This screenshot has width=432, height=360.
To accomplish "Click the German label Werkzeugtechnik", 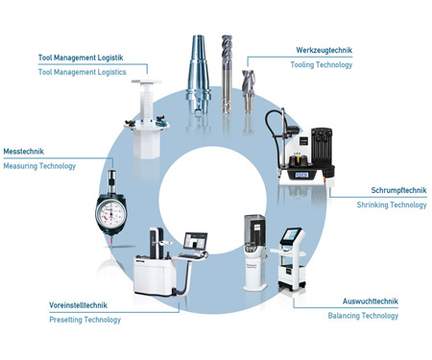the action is point(324,50).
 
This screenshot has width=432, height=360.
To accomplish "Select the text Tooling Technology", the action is point(322,65).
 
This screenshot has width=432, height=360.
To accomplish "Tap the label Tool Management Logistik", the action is point(81,58).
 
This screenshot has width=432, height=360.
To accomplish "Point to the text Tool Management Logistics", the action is point(83,72).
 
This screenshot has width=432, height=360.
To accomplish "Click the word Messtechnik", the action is point(23,152).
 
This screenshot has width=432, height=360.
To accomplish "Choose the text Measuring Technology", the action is point(39,166).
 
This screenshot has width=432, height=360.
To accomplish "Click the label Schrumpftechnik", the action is point(398,190).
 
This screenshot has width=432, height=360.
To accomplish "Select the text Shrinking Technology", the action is point(392,204).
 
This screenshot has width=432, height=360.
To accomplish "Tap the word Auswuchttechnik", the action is point(371,301).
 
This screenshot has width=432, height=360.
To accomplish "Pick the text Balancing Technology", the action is point(363,316).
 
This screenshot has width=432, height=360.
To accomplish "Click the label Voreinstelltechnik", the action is point(78,305).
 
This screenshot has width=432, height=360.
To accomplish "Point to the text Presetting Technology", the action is point(85,320).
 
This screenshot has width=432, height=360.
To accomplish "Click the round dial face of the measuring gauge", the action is point(111,212).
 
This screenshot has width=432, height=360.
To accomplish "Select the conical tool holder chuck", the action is point(199,74).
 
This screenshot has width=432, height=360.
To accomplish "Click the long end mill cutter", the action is point(227,74).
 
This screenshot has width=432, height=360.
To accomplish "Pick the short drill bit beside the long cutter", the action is point(248,91).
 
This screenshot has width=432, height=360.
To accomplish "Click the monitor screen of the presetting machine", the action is point(196,241).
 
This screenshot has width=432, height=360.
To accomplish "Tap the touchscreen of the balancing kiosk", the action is point(291,235).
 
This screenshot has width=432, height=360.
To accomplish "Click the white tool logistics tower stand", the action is point(147,119).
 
